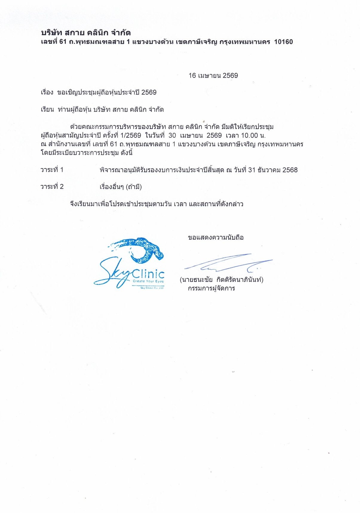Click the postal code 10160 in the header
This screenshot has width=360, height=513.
point(283,42)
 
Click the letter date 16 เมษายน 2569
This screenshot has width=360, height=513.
point(213,76)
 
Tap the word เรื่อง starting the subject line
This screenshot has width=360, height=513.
point(47,93)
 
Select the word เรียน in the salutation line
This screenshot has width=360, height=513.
point(47,110)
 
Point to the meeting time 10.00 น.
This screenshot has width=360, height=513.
point(253,135)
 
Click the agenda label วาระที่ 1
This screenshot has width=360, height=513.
point(52,170)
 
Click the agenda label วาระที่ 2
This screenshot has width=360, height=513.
point(52,187)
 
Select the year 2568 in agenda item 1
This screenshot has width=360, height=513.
point(290,170)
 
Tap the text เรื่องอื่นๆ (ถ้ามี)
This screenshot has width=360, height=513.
point(121,187)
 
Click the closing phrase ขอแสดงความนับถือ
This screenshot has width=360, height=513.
point(216,238)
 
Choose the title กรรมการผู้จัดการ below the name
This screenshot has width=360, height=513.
point(211,288)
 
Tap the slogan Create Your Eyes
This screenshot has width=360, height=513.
point(148,281)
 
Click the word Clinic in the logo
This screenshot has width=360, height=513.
point(148,273)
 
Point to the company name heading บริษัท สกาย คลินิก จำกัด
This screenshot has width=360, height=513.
point(86,33)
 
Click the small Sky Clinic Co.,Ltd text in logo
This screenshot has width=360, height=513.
point(152,288)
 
